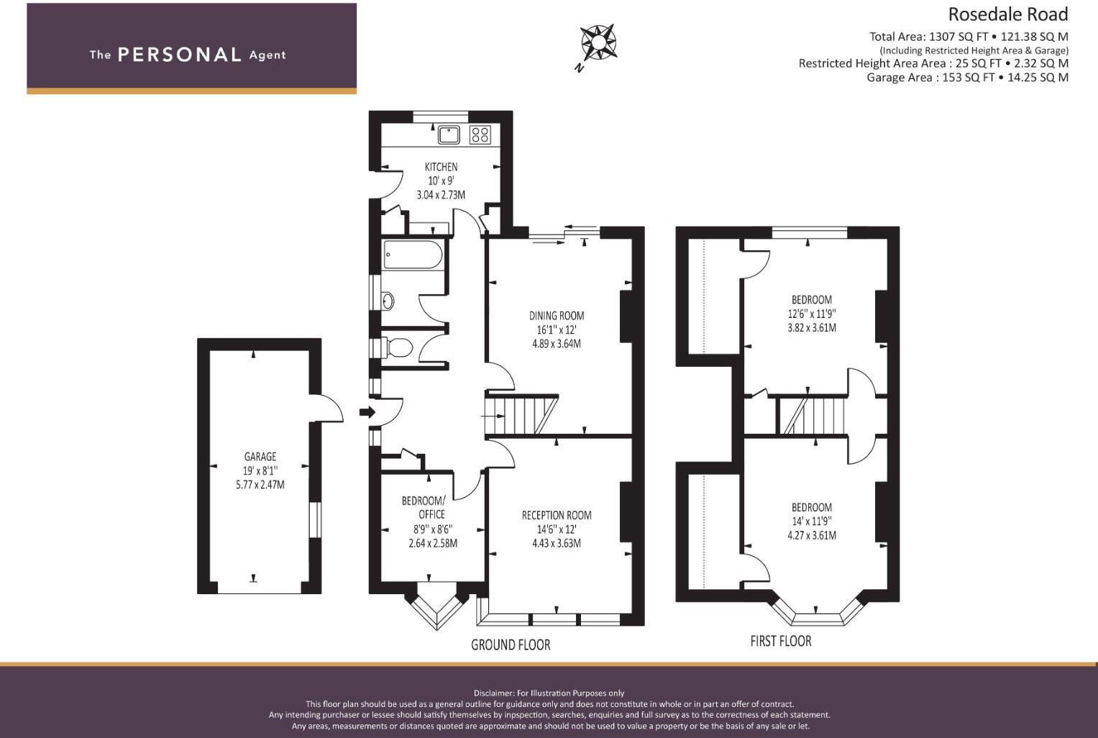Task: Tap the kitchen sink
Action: pos(449,135)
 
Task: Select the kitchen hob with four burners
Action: pos(480,135)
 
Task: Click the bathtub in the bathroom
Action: pos(413,255)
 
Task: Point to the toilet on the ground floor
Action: pos(398,348)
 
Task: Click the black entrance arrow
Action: pos(367,412)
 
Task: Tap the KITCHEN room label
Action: pos(441,167)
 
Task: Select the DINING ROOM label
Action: pos(557,316)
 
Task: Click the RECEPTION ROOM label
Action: pos(557,515)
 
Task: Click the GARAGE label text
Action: pos(260,457)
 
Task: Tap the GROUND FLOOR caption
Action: pos(511,644)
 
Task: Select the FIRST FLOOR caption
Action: pos(780,641)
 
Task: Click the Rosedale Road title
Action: pos(1007,14)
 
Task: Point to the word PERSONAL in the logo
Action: pos(179,55)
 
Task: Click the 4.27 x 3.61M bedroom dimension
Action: pos(812,535)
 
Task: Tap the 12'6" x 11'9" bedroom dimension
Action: pos(812,314)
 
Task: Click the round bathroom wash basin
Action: pos(388,301)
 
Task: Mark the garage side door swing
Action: pos(329,408)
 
